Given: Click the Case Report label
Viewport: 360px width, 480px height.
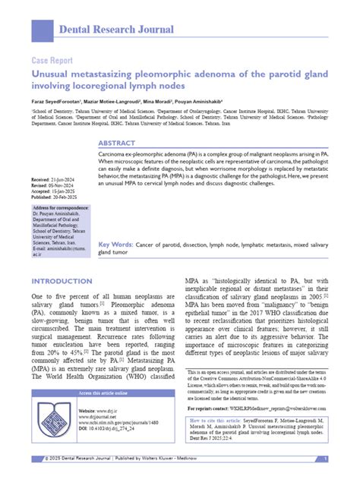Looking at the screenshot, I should pos(52,60).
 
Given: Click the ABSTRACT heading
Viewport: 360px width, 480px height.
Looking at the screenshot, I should pos(117,143).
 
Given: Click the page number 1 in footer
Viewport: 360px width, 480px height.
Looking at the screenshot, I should pos(325,459).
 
